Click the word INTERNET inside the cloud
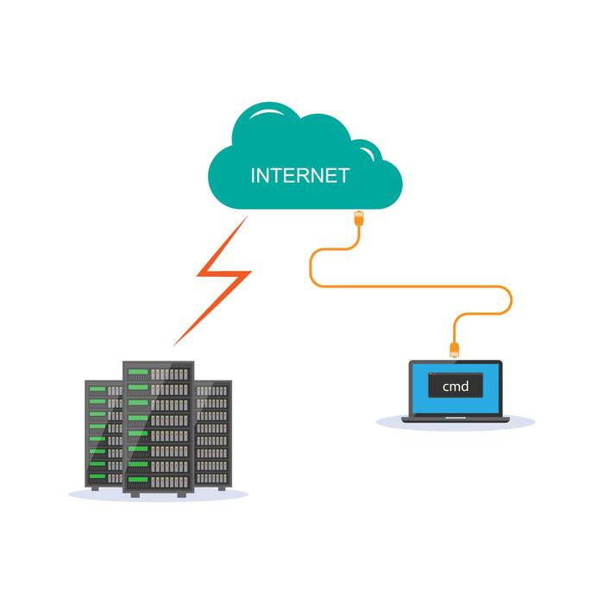coord(299,176)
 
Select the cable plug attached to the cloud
coord(358,215)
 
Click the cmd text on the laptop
coord(455,387)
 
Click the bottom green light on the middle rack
coord(137,480)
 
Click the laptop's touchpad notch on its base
coord(455,419)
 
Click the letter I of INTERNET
coord(253,176)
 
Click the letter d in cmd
coord(465,387)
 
